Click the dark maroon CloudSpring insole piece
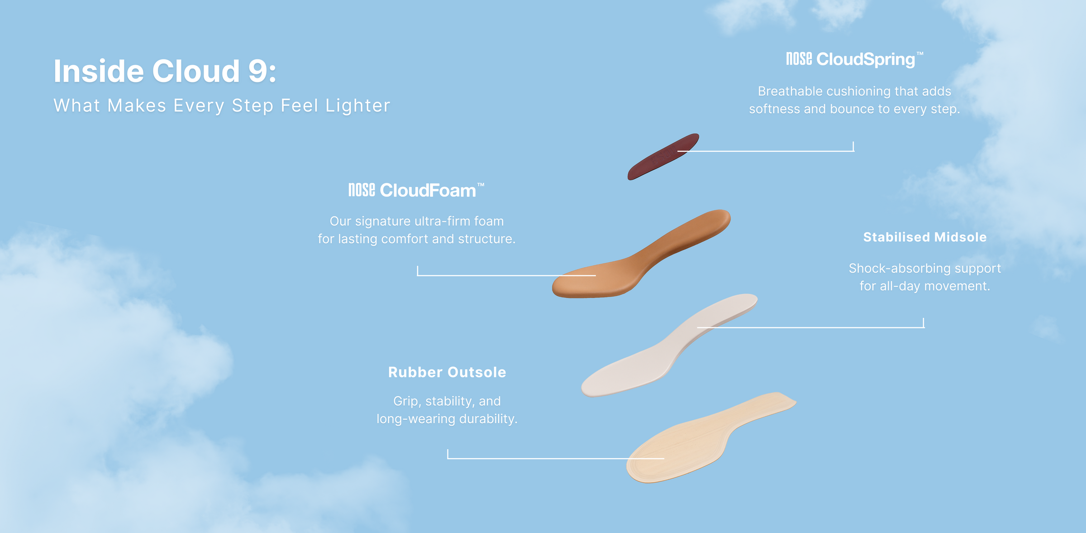[663, 157]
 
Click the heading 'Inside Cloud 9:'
[165, 71]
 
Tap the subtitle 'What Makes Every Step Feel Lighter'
[222, 106]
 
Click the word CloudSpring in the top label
[866, 59]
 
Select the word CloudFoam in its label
[428, 190]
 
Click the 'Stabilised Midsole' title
[925, 237]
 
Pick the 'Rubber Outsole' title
[447, 372]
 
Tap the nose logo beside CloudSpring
[799, 59]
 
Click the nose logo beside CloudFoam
[362, 190]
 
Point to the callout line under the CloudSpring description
[766, 151]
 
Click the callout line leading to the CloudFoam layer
[506, 275]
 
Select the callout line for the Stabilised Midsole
[810, 327]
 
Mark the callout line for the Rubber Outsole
[556, 458]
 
